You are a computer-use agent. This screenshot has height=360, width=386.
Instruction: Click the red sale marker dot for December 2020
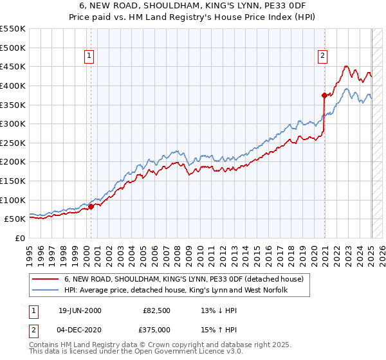coord(324,95)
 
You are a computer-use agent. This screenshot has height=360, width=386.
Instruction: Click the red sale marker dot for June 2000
coord(91,206)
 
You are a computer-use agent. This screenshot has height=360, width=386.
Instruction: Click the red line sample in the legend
coord(46,279)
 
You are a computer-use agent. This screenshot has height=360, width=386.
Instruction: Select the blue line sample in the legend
coord(46,291)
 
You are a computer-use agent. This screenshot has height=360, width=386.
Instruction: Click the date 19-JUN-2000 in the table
coord(80,310)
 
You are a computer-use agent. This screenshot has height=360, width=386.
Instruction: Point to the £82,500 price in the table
coord(158,310)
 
